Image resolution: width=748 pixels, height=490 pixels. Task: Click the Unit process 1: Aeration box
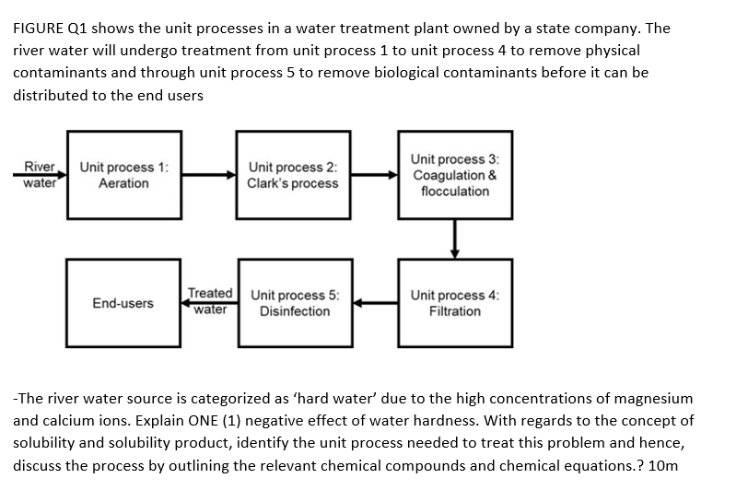(x=123, y=175)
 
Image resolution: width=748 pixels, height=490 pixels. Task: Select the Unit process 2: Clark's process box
(x=292, y=175)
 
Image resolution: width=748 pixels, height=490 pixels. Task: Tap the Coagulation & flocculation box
(x=454, y=175)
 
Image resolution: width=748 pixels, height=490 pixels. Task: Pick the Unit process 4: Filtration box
(x=454, y=303)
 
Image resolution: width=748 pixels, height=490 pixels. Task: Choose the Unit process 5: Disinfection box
(x=294, y=303)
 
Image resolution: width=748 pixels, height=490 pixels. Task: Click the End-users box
(x=123, y=303)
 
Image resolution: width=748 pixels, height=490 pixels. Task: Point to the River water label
(x=40, y=174)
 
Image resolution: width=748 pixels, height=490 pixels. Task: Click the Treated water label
(x=210, y=301)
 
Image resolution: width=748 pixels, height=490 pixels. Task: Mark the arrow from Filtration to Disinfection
(x=374, y=301)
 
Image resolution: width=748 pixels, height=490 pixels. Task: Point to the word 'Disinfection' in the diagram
(x=294, y=311)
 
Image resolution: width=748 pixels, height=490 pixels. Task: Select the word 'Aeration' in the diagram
(x=123, y=183)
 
